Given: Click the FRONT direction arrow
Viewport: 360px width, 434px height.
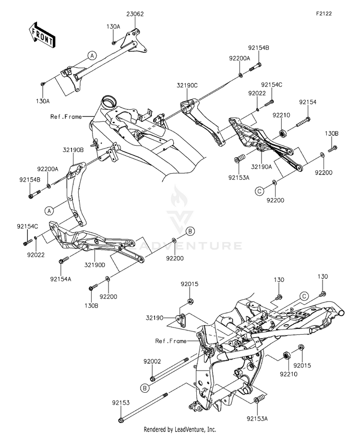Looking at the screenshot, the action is click(x=42, y=35).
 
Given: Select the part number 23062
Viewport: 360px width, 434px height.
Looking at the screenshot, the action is click(x=135, y=14).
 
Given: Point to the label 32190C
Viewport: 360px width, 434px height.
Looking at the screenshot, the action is click(x=187, y=85).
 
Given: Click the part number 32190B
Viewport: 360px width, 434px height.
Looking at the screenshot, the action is click(x=73, y=150).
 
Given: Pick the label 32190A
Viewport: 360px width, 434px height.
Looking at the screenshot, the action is click(x=262, y=166).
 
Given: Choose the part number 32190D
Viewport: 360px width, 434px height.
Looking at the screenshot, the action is click(x=95, y=265).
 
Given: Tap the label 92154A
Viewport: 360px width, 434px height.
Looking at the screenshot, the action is click(x=60, y=279).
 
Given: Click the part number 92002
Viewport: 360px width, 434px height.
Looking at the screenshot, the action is click(x=152, y=361).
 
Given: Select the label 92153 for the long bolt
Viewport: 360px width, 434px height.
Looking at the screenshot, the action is click(x=121, y=403).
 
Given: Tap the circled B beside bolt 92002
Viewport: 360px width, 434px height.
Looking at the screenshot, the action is click(x=145, y=388).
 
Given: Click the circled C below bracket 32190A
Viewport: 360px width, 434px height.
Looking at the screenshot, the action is click(x=259, y=191).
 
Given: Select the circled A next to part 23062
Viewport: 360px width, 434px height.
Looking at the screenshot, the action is click(x=92, y=56).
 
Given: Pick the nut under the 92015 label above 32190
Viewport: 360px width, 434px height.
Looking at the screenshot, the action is click(x=190, y=301).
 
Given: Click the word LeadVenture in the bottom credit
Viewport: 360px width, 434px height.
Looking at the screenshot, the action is click(x=189, y=429).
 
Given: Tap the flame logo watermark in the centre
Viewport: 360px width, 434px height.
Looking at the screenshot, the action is click(x=179, y=197).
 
